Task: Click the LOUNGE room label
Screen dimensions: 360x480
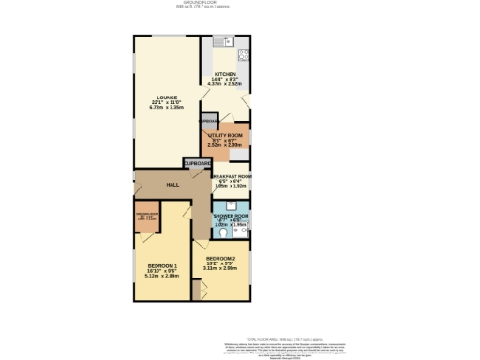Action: point(167,97)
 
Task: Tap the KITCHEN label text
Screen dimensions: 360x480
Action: point(225,74)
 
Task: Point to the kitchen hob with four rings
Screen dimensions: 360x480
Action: point(243,53)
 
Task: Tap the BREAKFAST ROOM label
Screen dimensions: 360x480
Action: point(232,176)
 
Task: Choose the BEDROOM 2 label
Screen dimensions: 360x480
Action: point(221,258)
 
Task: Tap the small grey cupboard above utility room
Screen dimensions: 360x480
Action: point(207,122)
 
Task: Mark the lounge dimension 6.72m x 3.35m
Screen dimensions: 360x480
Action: point(167,108)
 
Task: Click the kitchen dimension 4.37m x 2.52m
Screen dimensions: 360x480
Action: point(225,85)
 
